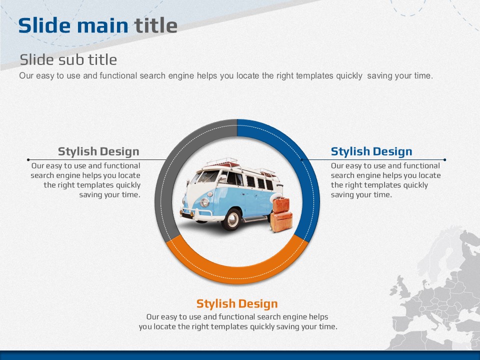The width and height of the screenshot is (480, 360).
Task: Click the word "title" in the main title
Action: pyautogui.click(x=156, y=25)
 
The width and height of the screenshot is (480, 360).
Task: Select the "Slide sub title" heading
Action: pyautogui.click(x=68, y=59)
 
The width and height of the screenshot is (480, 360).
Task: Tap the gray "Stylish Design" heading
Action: pyautogui.click(x=98, y=151)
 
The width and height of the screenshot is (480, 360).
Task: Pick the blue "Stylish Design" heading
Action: pyautogui.click(x=371, y=151)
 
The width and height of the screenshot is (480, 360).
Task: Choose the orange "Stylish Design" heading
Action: pyautogui.click(x=237, y=303)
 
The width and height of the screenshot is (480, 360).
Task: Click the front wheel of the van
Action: pyautogui.click(x=231, y=219)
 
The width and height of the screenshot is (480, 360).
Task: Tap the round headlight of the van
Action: pyautogui.click(x=204, y=202)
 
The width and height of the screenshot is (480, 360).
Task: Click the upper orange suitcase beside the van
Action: pyautogui.click(x=280, y=205)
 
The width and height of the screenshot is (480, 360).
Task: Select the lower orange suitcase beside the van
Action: pyautogui.click(x=281, y=221)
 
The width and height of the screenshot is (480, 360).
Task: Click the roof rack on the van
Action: pyautogui.click(x=222, y=162)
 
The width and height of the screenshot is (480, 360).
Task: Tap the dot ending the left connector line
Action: pyautogui.click(x=28, y=160)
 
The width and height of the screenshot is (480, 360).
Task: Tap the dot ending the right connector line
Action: pyautogui.click(x=444, y=160)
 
